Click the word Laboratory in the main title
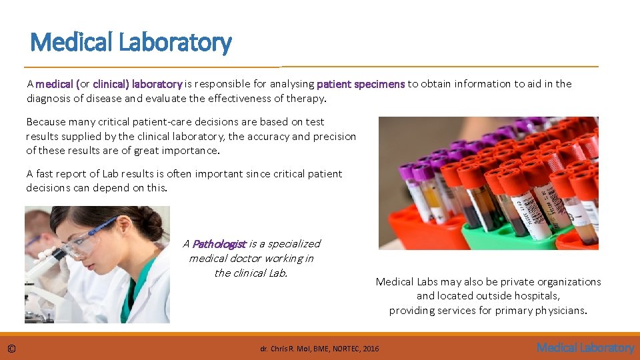175,43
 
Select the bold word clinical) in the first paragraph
111,84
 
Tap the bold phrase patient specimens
360,84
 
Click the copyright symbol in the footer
11,348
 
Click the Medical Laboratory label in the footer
585,347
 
